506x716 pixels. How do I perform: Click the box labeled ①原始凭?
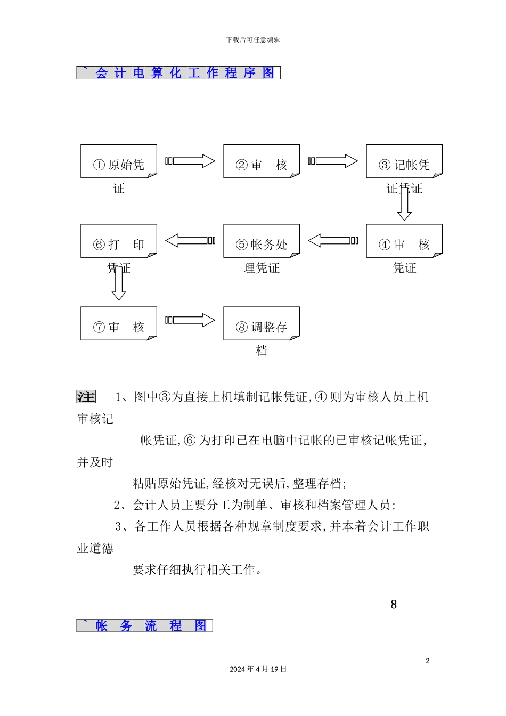[119, 161]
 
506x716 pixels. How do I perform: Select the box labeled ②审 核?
[262, 161]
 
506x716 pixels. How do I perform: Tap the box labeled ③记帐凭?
[404, 161]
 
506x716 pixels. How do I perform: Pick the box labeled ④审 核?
[404, 241]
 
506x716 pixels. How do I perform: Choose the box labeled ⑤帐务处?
[262, 241]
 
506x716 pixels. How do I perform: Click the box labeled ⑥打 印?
[119, 241]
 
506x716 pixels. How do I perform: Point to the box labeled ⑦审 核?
[119, 323]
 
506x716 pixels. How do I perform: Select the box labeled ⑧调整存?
[262, 323]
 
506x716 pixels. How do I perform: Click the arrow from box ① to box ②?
[191, 161]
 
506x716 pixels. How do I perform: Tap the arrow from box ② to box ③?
[333, 161]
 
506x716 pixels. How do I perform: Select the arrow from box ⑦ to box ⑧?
[191, 320]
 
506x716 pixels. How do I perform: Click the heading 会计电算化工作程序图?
[178, 73]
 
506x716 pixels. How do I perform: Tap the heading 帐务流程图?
[145, 625]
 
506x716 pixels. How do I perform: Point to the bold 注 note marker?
[86, 397]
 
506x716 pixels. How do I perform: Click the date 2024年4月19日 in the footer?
[258, 669]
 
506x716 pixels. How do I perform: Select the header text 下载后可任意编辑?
[253, 40]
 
